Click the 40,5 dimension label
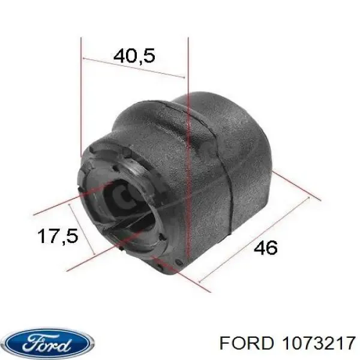tap(134, 56)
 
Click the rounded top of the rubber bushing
tap(198, 108)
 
